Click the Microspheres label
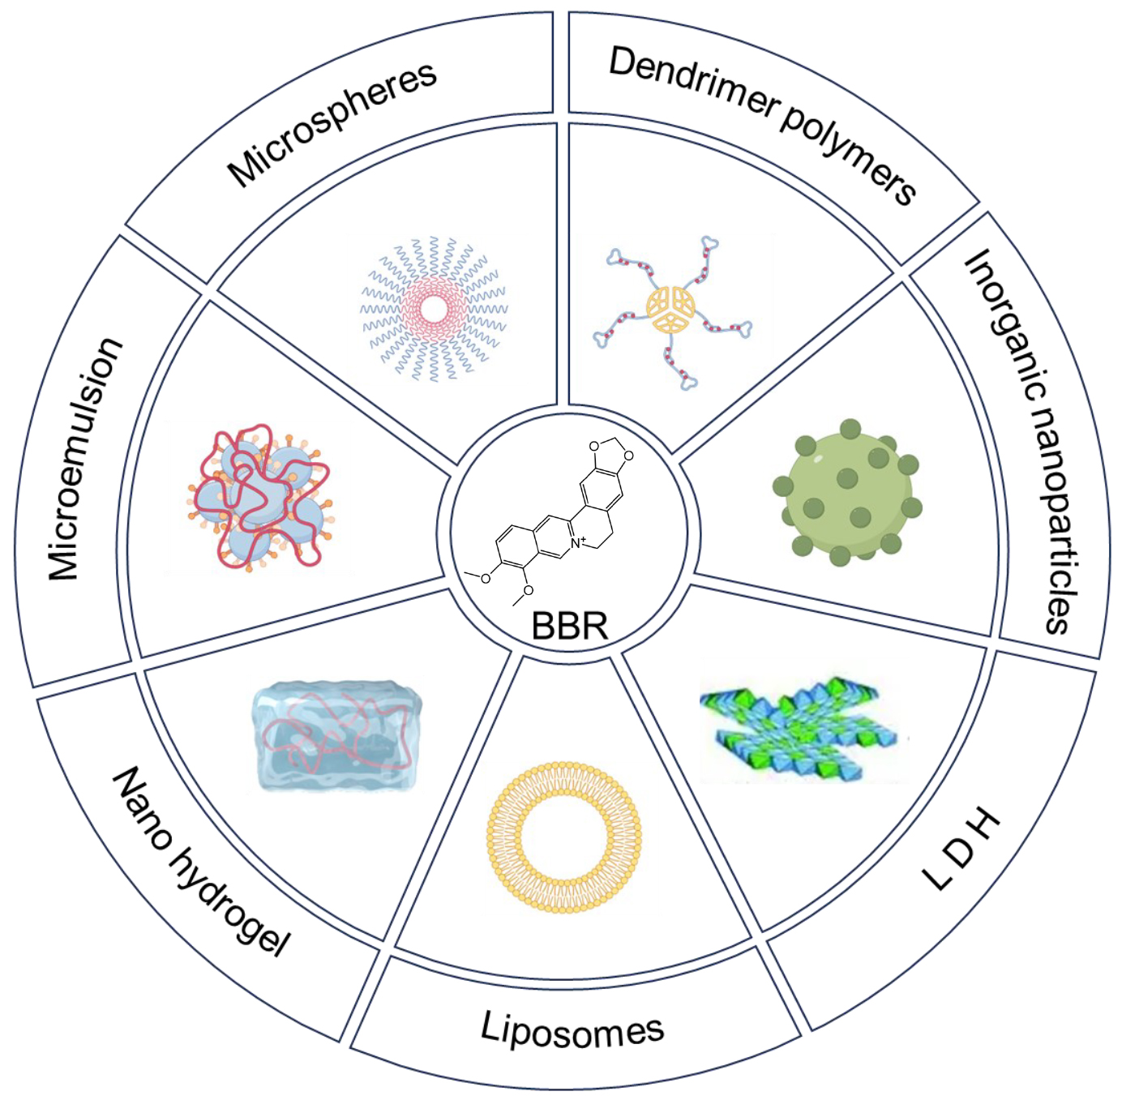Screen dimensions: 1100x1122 [x=332, y=124]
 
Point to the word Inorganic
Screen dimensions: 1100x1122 [x=1002, y=324]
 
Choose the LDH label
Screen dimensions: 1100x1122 [x=962, y=849]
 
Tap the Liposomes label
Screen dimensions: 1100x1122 [x=572, y=1029]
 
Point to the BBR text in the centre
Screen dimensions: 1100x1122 [x=569, y=626]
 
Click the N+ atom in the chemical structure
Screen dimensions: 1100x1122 [x=576, y=542]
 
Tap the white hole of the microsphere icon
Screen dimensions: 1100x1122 [x=434, y=309]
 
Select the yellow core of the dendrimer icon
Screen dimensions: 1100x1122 [x=670, y=309]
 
